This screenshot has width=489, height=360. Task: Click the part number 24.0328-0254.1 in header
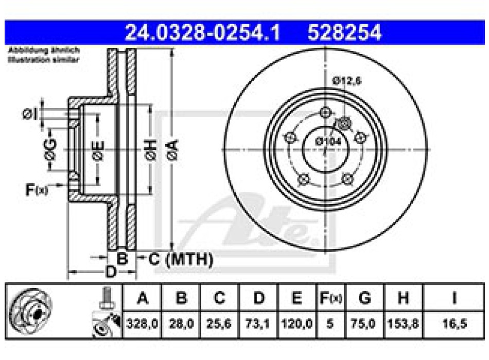[203, 33]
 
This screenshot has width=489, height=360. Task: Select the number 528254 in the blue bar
[344, 33]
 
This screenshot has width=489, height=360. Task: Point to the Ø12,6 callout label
[346, 80]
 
